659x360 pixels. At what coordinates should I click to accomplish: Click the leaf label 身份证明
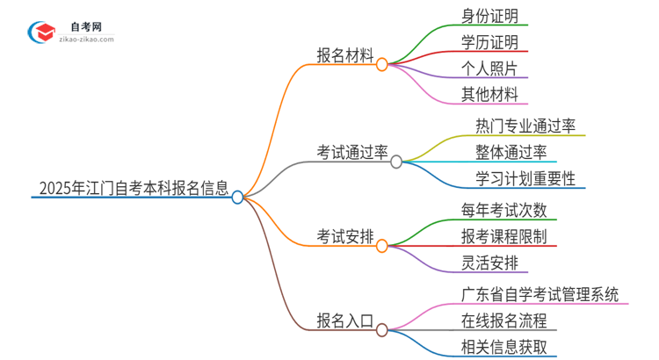pyautogui.click(x=489, y=17)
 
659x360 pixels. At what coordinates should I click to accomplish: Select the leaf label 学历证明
pyautogui.click(x=489, y=42)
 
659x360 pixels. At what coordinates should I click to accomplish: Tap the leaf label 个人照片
pyautogui.click(x=489, y=68)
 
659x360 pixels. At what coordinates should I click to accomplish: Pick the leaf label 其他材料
pyautogui.click(x=489, y=93)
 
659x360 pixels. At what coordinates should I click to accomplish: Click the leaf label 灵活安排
pyautogui.click(x=489, y=262)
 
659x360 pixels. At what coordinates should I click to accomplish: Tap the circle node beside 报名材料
pyautogui.click(x=381, y=64)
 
